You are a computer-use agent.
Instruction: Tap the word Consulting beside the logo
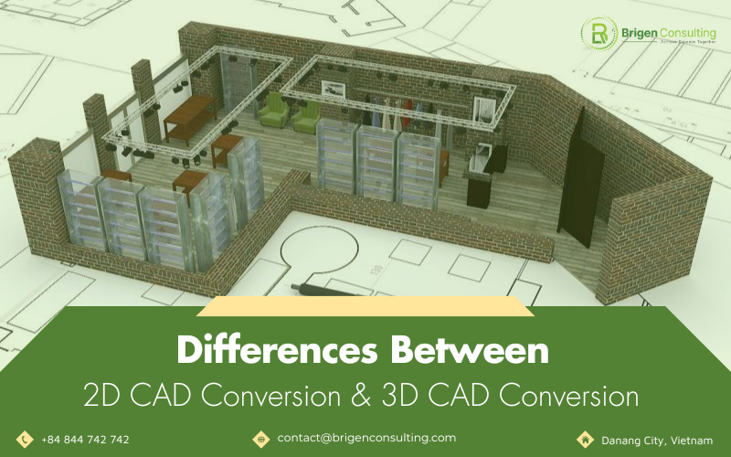click(x=685, y=30)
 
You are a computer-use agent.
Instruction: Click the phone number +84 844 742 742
click(x=85, y=440)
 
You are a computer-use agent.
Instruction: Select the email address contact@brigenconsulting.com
click(x=366, y=438)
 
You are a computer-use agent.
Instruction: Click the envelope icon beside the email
click(x=260, y=439)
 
